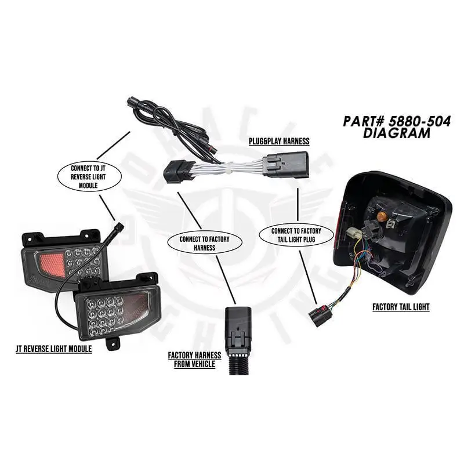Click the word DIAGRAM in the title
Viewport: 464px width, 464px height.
pos(397,133)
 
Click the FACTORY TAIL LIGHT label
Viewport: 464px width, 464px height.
pos(401,307)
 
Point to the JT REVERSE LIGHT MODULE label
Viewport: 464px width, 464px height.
pos(54,349)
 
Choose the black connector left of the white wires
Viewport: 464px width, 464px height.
pos(177,171)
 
